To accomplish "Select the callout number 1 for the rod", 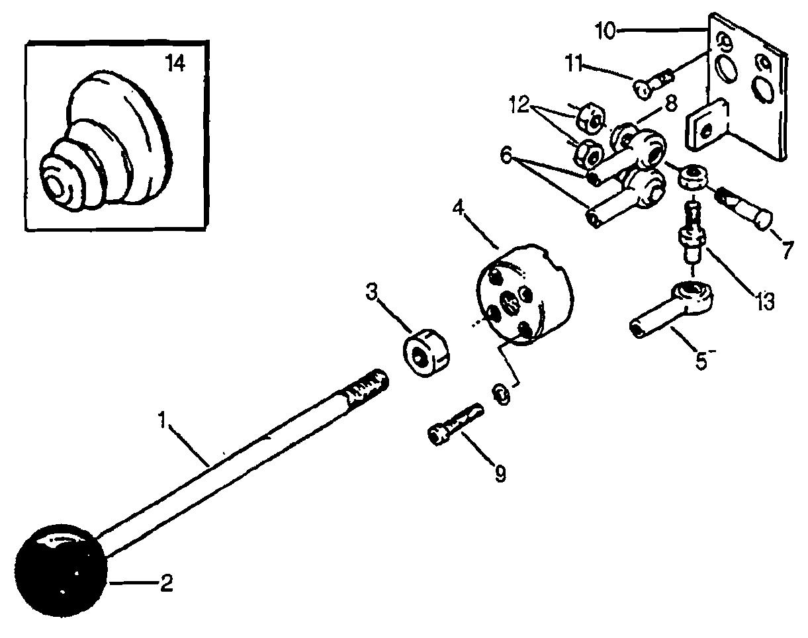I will coord(161,420).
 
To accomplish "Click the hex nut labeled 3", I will coord(425,353).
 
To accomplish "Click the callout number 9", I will coord(500,474).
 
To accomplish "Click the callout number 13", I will coord(764,302).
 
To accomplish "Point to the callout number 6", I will coord(506,156).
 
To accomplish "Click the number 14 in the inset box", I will coord(175,64).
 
